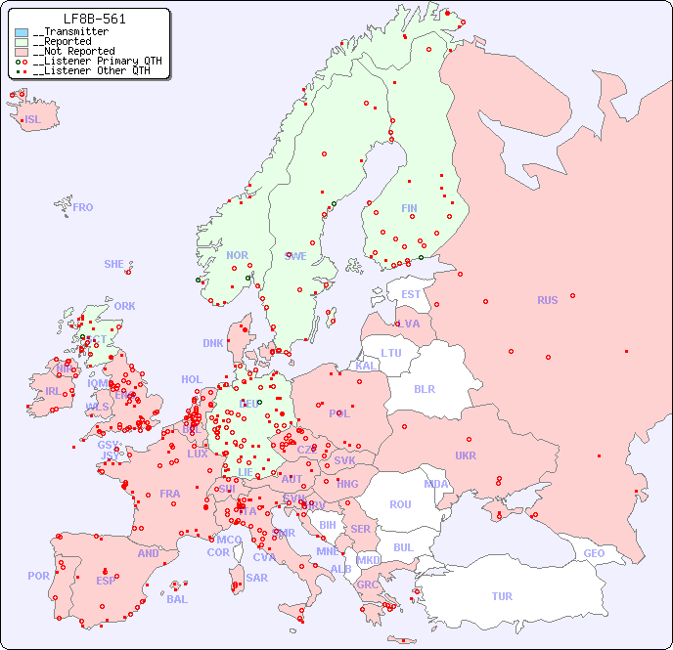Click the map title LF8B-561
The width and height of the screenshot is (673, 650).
94,19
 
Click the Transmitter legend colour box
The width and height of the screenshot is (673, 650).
22,32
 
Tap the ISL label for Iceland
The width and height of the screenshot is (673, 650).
33,120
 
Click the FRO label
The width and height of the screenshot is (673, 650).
83,207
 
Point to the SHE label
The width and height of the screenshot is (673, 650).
114,264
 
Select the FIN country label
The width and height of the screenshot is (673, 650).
409,208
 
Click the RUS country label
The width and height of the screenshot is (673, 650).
547,300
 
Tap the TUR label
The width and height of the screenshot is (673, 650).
502,596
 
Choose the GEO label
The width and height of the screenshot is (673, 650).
594,553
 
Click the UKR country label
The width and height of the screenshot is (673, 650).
466,455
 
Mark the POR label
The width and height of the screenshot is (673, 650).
38,576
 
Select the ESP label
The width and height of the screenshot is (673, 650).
106,580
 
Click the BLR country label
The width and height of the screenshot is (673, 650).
424,388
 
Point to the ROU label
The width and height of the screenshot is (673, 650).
400,504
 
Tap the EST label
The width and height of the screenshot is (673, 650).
411,294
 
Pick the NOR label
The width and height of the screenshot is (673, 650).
237,255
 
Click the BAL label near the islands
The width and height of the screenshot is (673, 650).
177,599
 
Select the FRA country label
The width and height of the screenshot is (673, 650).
170,494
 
